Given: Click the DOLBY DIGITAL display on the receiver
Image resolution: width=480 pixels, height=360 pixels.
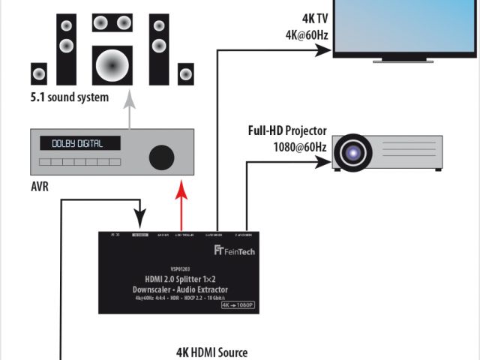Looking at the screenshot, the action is click(x=76, y=143).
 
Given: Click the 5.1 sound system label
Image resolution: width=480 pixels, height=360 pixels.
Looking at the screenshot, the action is click(x=69, y=97).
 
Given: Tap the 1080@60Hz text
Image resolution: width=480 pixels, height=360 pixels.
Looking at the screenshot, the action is click(x=300, y=145).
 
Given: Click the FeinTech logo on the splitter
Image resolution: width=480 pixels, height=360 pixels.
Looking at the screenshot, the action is click(x=235, y=251).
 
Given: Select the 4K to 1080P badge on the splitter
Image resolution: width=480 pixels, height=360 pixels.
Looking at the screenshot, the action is click(x=238, y=305).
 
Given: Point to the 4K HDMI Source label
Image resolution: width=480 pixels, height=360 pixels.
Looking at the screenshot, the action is click(x=211, y=352).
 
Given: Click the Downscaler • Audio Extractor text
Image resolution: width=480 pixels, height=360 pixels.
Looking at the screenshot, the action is click(x=177, y=289).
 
